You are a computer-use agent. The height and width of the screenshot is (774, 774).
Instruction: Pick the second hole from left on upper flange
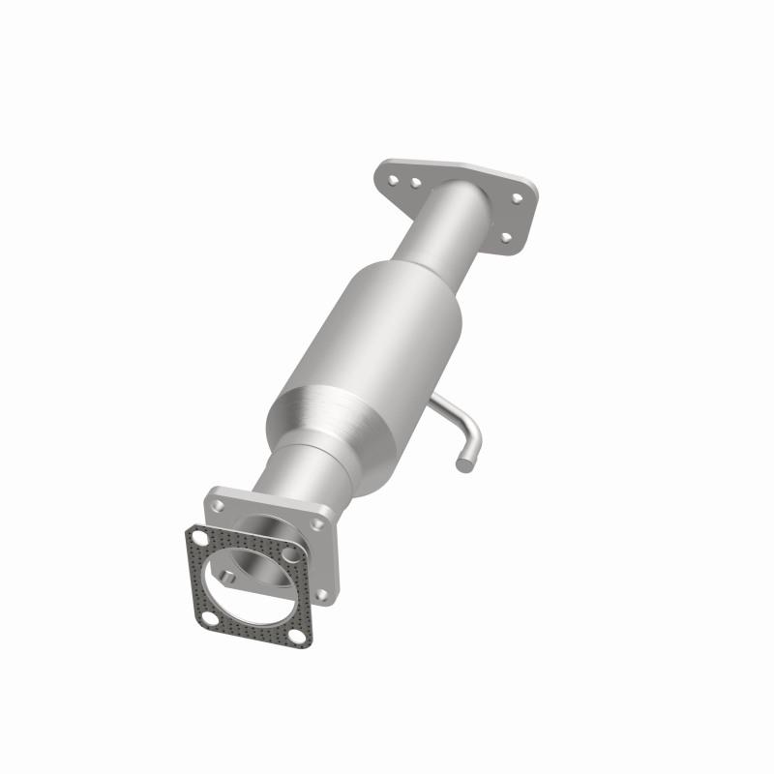(414, 181)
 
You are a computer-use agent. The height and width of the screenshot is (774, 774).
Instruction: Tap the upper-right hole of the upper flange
(517, 197)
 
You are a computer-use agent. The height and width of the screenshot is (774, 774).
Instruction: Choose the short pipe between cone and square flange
(290, 474)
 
